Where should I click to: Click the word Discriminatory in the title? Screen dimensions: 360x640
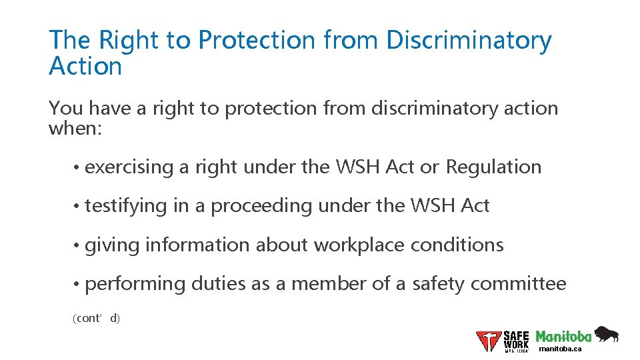[x=469, y=41]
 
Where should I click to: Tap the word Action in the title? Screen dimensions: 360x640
[x=85, y=66]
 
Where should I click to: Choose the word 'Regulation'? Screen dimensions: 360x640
[x=493, y=167]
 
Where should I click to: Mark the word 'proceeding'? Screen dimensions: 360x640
[x=261, y=206]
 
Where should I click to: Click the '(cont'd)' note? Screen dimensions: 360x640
[x=96, y=319]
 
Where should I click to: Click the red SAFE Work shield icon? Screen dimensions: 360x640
[x=488, y=341]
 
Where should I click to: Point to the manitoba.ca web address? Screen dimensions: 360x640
[x=560, y=349]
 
